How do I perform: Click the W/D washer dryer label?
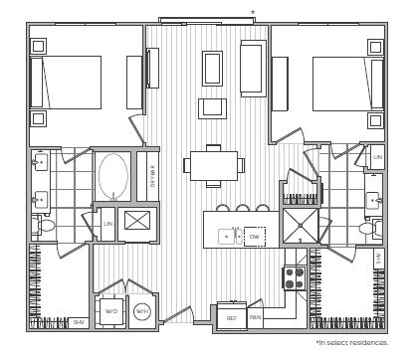pyautogui.click(x=110, y=311)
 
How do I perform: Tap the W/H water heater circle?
pyautogui.click(x=142, y=311)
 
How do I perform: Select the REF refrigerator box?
pyautogui.click(x=231, y=318)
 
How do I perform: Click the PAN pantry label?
pyautogui.click(x=255, y=318)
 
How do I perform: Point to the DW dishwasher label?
pyautogui.click(x=255, y=237)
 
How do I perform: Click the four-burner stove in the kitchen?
pyautogui.click(x=295, y=277)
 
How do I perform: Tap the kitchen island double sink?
pyautogui.click(x=227, y=237)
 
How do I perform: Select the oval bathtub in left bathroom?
pyautogui.click(x=112, y=176)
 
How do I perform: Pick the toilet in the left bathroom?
pyautogui.click(x=45, y=226)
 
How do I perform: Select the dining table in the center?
pyautogui.click(x=213, y=165)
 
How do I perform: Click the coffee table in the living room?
pyautogui.click(x=212, y=69)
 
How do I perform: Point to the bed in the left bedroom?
pyautogui.click(x=68, y=82)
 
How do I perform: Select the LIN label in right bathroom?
pyautogui.click(x=376, y=158)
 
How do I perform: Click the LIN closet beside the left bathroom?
pyautogui.click(x=107, y=224)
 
